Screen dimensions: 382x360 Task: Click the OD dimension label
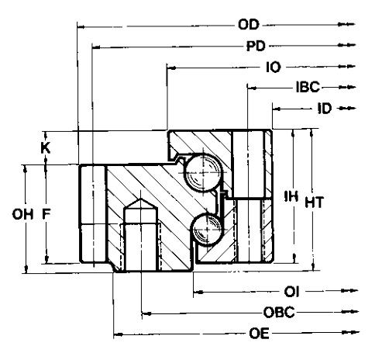[249, 25]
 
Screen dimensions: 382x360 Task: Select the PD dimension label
[256, 46]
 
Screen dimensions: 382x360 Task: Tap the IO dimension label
[274, 67]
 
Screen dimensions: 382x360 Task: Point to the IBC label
[308, 87]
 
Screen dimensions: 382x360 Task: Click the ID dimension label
[325, 109]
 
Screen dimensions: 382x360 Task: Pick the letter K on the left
[46, 148]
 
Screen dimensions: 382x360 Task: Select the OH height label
[22, 214]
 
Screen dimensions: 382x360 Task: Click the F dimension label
[46, 214]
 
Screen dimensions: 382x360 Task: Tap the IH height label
[291, 196]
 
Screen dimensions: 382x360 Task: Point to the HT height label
[315, 202]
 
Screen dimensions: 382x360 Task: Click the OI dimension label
[291, 292]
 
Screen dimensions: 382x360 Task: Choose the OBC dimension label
[279, 313]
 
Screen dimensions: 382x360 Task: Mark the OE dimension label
[259, 334]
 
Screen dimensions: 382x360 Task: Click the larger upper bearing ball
[203, 172]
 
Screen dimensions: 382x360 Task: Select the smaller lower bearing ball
[207, 229]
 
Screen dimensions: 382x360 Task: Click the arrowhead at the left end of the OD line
[81, 26]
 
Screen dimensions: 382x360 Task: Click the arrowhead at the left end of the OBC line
[146, 313]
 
